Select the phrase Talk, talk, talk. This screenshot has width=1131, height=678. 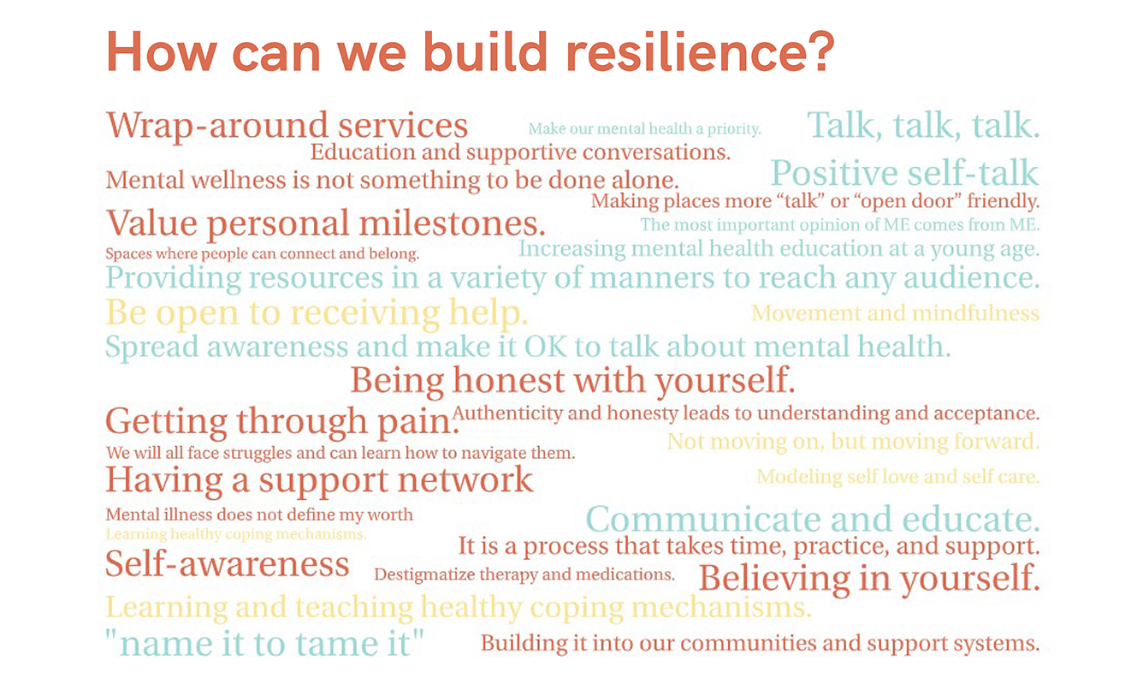click(923, 125)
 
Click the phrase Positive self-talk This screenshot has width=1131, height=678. click(905, 173)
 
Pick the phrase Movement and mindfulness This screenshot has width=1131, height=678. click(895, 313)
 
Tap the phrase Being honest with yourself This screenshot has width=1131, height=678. click(572, 380)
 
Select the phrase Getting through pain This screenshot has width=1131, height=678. click(282, 422)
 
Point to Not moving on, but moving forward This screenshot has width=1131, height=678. click(853, 442)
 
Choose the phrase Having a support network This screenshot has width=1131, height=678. click(319, 479)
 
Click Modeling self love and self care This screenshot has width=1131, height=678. click(898, 477)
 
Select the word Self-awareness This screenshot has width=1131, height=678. click(228, 564)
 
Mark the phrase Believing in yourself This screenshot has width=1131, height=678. click(869, 578)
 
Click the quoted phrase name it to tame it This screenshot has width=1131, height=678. click(264, 644)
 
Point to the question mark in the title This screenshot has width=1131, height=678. click(820, 51)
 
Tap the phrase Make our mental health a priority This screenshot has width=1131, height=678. click(645, 128)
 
